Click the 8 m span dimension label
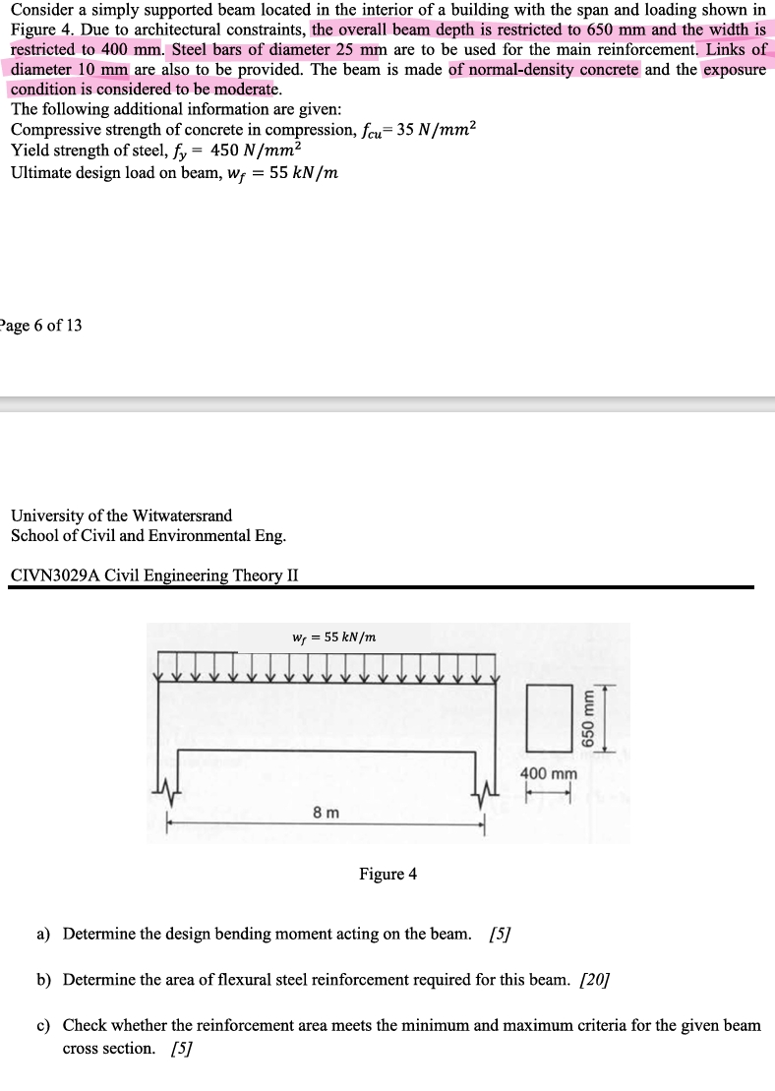click(x=326, y=813)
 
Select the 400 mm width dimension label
click(x=549, y=774)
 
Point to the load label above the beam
click(x=334, y=636)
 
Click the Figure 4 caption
click(x=387, y=874)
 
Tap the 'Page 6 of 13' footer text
click(x=41, y=326)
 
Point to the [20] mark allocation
click(x=596, y=979)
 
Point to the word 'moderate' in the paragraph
click(x=237, y=90)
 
